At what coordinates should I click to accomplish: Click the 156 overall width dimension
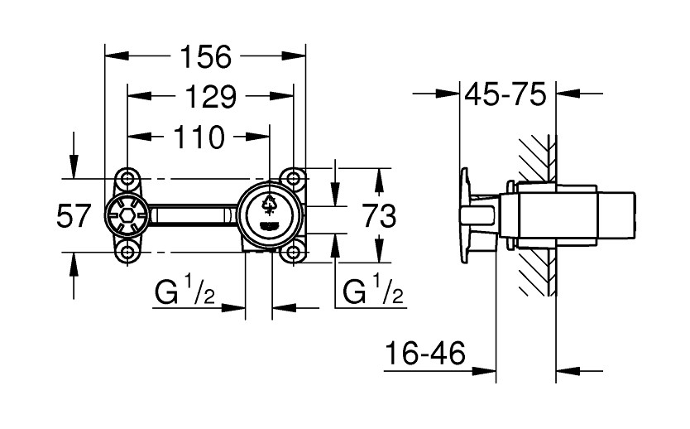click(205, 57)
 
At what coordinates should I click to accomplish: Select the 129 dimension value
click(208, 97)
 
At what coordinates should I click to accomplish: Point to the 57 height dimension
click(74, 217)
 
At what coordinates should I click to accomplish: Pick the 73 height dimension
click(379, 217)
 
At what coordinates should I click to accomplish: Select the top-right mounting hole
click(293, 178)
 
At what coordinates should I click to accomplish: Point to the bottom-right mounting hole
click(293, 253)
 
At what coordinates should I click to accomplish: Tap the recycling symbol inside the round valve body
click(270, 204)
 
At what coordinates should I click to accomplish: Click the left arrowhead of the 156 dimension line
click(113, 57)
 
